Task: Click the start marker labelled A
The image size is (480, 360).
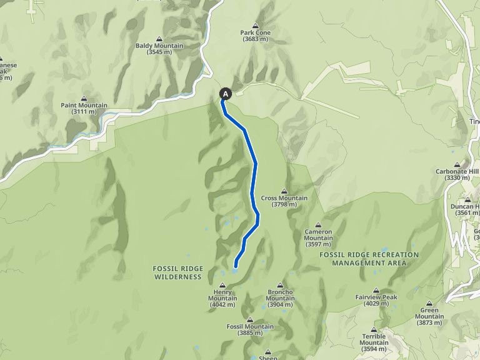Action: (x=226, y=94)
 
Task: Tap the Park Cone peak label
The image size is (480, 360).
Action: (x=255, y=33)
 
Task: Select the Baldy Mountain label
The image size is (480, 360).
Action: (x=159, y=46)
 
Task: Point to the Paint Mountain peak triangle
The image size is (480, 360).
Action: (x=84, y=98)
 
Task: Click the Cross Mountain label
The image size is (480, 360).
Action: (x=284, y=198)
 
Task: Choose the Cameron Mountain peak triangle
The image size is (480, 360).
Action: (x=318, y=225)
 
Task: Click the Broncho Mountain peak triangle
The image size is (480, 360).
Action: (x=280, y=284)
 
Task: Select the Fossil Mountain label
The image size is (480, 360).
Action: (x=250, y=326)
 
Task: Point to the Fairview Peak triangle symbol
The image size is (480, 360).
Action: (x=376, y=290)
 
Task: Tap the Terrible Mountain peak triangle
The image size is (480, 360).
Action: (x=374, y=329)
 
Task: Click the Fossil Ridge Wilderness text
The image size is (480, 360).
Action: (x=178, y=272)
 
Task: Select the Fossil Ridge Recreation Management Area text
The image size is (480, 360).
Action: (x=369, y=259)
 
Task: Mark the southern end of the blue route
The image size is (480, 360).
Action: (x=236, y=267)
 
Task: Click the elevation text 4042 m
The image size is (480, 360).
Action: (x=222, y=306)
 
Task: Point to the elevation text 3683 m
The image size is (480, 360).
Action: (x=255, y=39)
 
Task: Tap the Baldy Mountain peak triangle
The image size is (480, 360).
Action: (x=159, y=39)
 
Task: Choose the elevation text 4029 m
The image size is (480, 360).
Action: (x=376, y=304)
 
